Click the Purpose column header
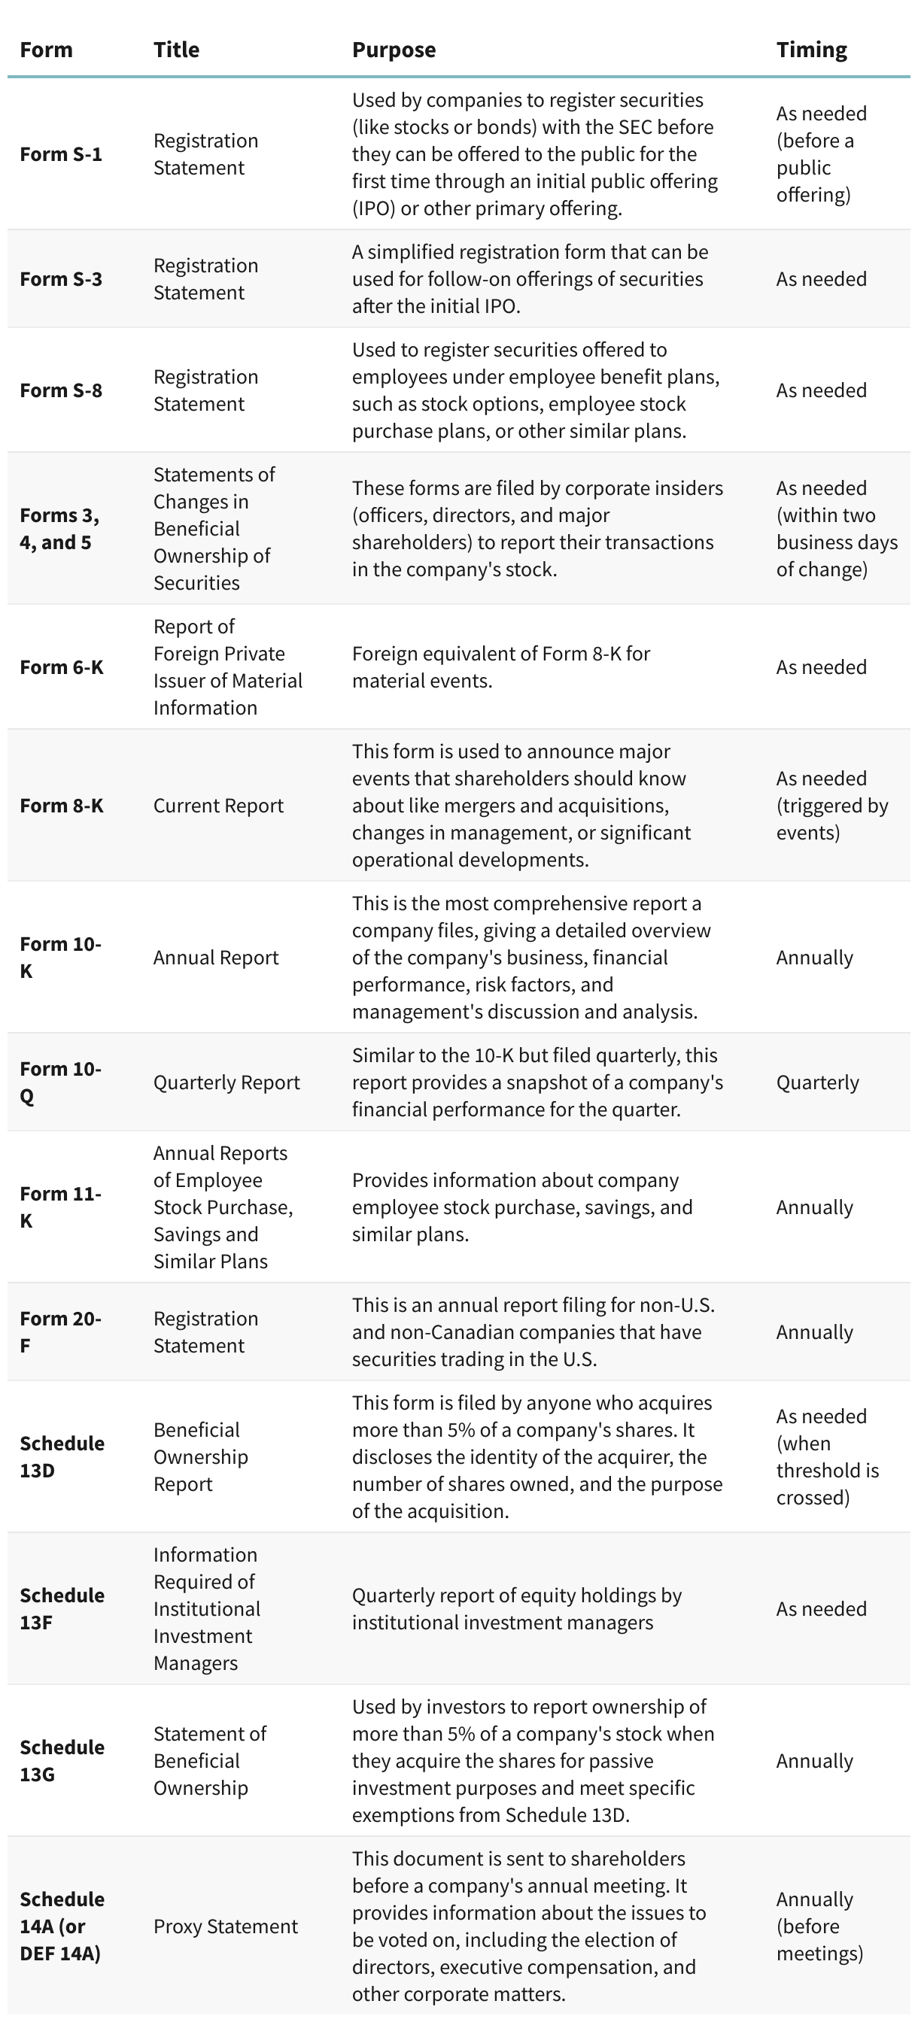click(x=394, y=50)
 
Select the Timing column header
click(x=811, y=50)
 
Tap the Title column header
click(x=176, y=50)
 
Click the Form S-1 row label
click(x=60, y=154)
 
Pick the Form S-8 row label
click(x=60, y=390)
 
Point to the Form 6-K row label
click(x=61, y=667)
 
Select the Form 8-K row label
click(x=61, y=806)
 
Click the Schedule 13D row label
click(x=61, y=1457)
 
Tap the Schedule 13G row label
click(x=61, y=1761)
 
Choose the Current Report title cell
click(x=218, y=806)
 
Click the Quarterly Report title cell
click(x=226, y=1082)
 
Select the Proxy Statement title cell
click(x=226, y=1926)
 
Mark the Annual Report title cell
click(x=216, y=958)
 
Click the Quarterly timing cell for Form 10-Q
click(x=817, y=1082)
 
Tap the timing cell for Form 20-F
click(x=814, y=1332)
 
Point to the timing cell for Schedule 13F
click(x=822, y=1609)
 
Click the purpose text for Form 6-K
click(x=500, y=667)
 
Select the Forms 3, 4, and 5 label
click(x=59, y=528)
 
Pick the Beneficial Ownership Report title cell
click(x=200, y=1457)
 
